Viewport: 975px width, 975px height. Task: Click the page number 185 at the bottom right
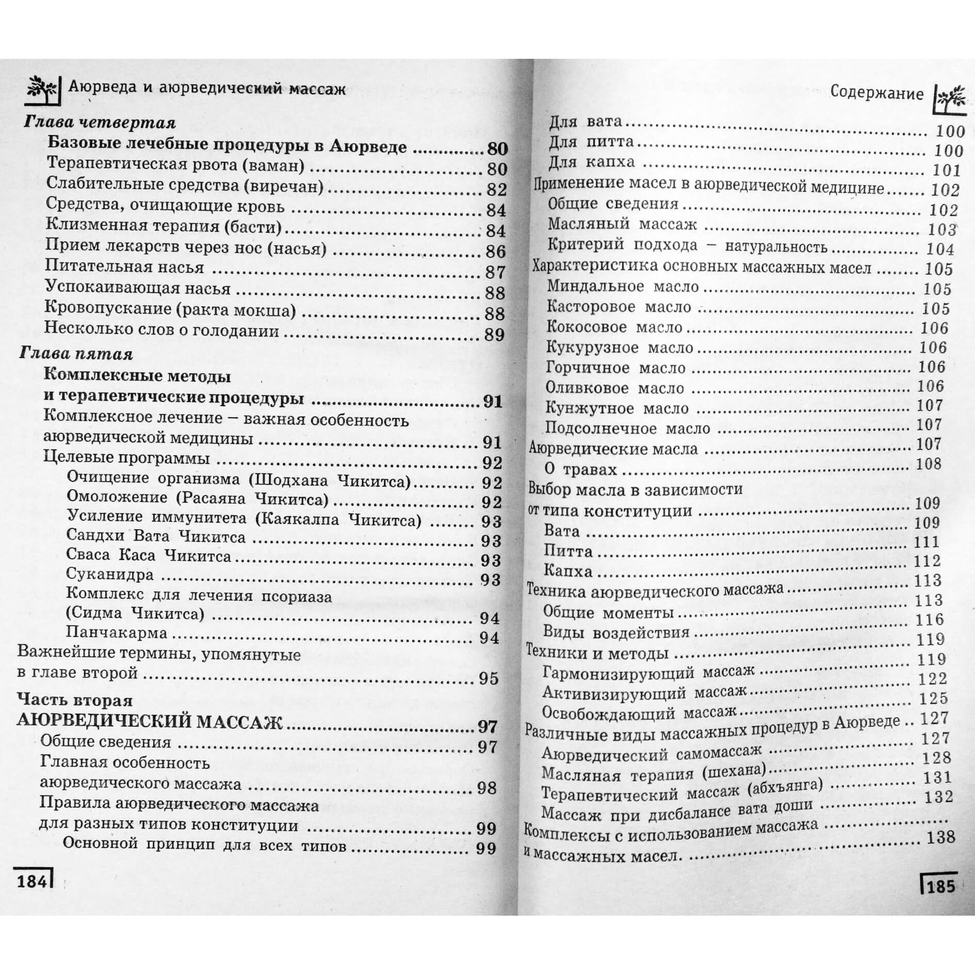point(941,886)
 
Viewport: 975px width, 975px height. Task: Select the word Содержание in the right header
point(876,93)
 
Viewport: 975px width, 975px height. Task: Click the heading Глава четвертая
point(100,123)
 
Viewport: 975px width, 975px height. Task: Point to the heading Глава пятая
point(76,354)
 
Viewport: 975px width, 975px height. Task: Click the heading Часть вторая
point(75,700)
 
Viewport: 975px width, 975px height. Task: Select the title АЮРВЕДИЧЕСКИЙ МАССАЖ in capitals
point(150,722)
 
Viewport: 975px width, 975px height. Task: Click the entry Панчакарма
point(117,632)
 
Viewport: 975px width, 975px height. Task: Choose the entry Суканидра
point(110,574)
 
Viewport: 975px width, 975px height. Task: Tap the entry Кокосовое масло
point(614,327)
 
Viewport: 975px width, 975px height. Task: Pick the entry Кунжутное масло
point(617,409)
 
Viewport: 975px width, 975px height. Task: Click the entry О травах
point(581,469)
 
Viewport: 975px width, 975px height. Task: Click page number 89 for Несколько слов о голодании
point(494,335)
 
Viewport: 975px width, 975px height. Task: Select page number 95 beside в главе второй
point(488,678)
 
